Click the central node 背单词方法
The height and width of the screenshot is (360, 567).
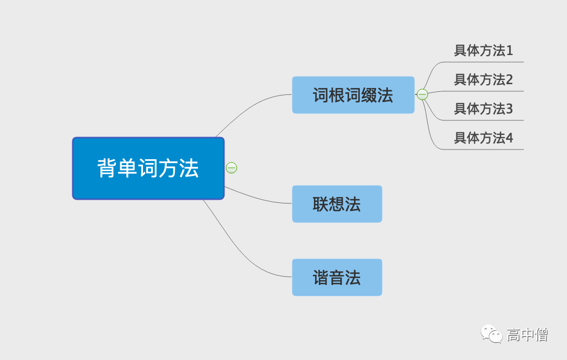click(x=148, y=168)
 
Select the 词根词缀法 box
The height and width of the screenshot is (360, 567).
click(x=353, y=95)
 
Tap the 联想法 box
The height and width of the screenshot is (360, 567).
click(x=337, y=204)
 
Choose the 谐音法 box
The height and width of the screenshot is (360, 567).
click(x=337, y=277)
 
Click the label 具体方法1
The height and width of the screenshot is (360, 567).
click(x=483, y=51)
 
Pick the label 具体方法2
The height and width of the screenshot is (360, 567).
click(x=483, y=80)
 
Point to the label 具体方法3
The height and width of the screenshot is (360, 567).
click(x=483, y=109)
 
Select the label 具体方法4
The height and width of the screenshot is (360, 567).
click(x=483, y=138)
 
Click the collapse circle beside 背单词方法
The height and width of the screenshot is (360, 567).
click(x=231, y=168)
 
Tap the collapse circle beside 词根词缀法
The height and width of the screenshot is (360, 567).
click(x=422, y=95)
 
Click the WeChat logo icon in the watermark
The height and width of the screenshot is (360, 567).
click(x=492, y=334)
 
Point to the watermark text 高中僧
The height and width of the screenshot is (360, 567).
click(x=527, y=335)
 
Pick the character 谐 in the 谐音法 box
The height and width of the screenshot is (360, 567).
click(x=320, y=277)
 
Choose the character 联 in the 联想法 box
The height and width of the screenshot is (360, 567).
click(x=320, y=204)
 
